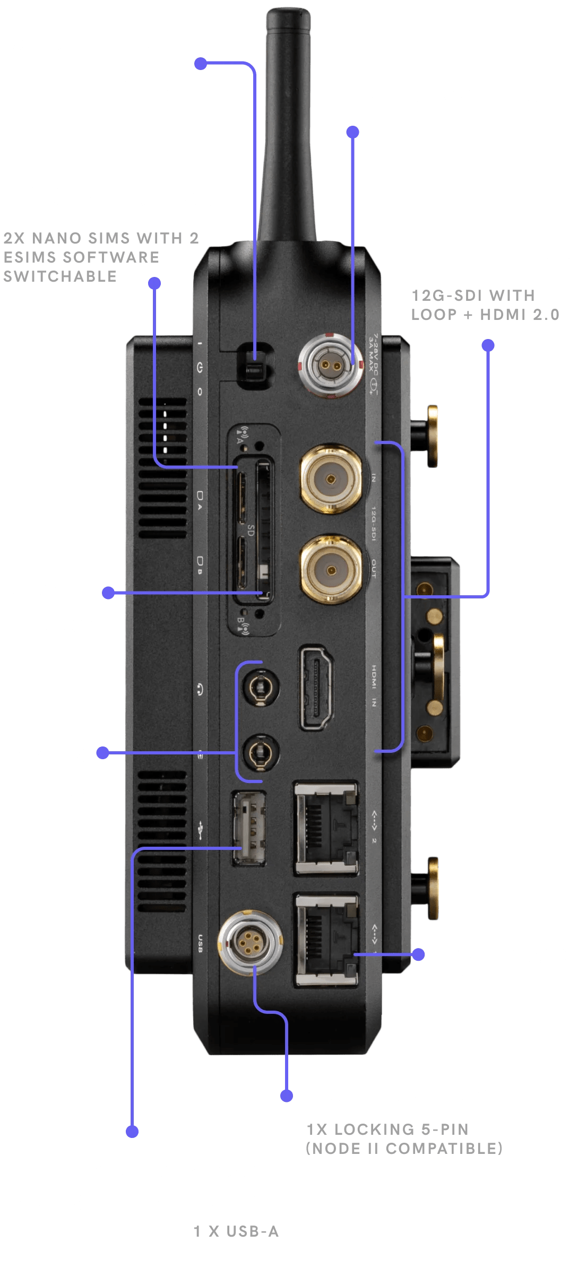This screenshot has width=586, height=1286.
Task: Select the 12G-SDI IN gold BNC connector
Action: [x=331, y=480]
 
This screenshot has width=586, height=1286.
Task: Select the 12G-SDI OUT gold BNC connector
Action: [x=331, y=570]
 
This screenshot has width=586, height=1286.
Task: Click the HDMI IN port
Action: [x=317, y=688]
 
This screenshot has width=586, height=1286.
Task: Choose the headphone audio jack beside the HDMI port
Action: [x=260, y=689]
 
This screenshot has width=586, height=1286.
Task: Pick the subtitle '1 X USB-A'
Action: [x=236, y=1231]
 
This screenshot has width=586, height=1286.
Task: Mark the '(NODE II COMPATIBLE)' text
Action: [x=404, y=1149]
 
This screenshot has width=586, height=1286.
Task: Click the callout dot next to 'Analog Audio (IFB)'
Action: [x=103, y=753]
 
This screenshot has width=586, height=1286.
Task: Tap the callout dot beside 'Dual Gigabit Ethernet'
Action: [x=418, y=954]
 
